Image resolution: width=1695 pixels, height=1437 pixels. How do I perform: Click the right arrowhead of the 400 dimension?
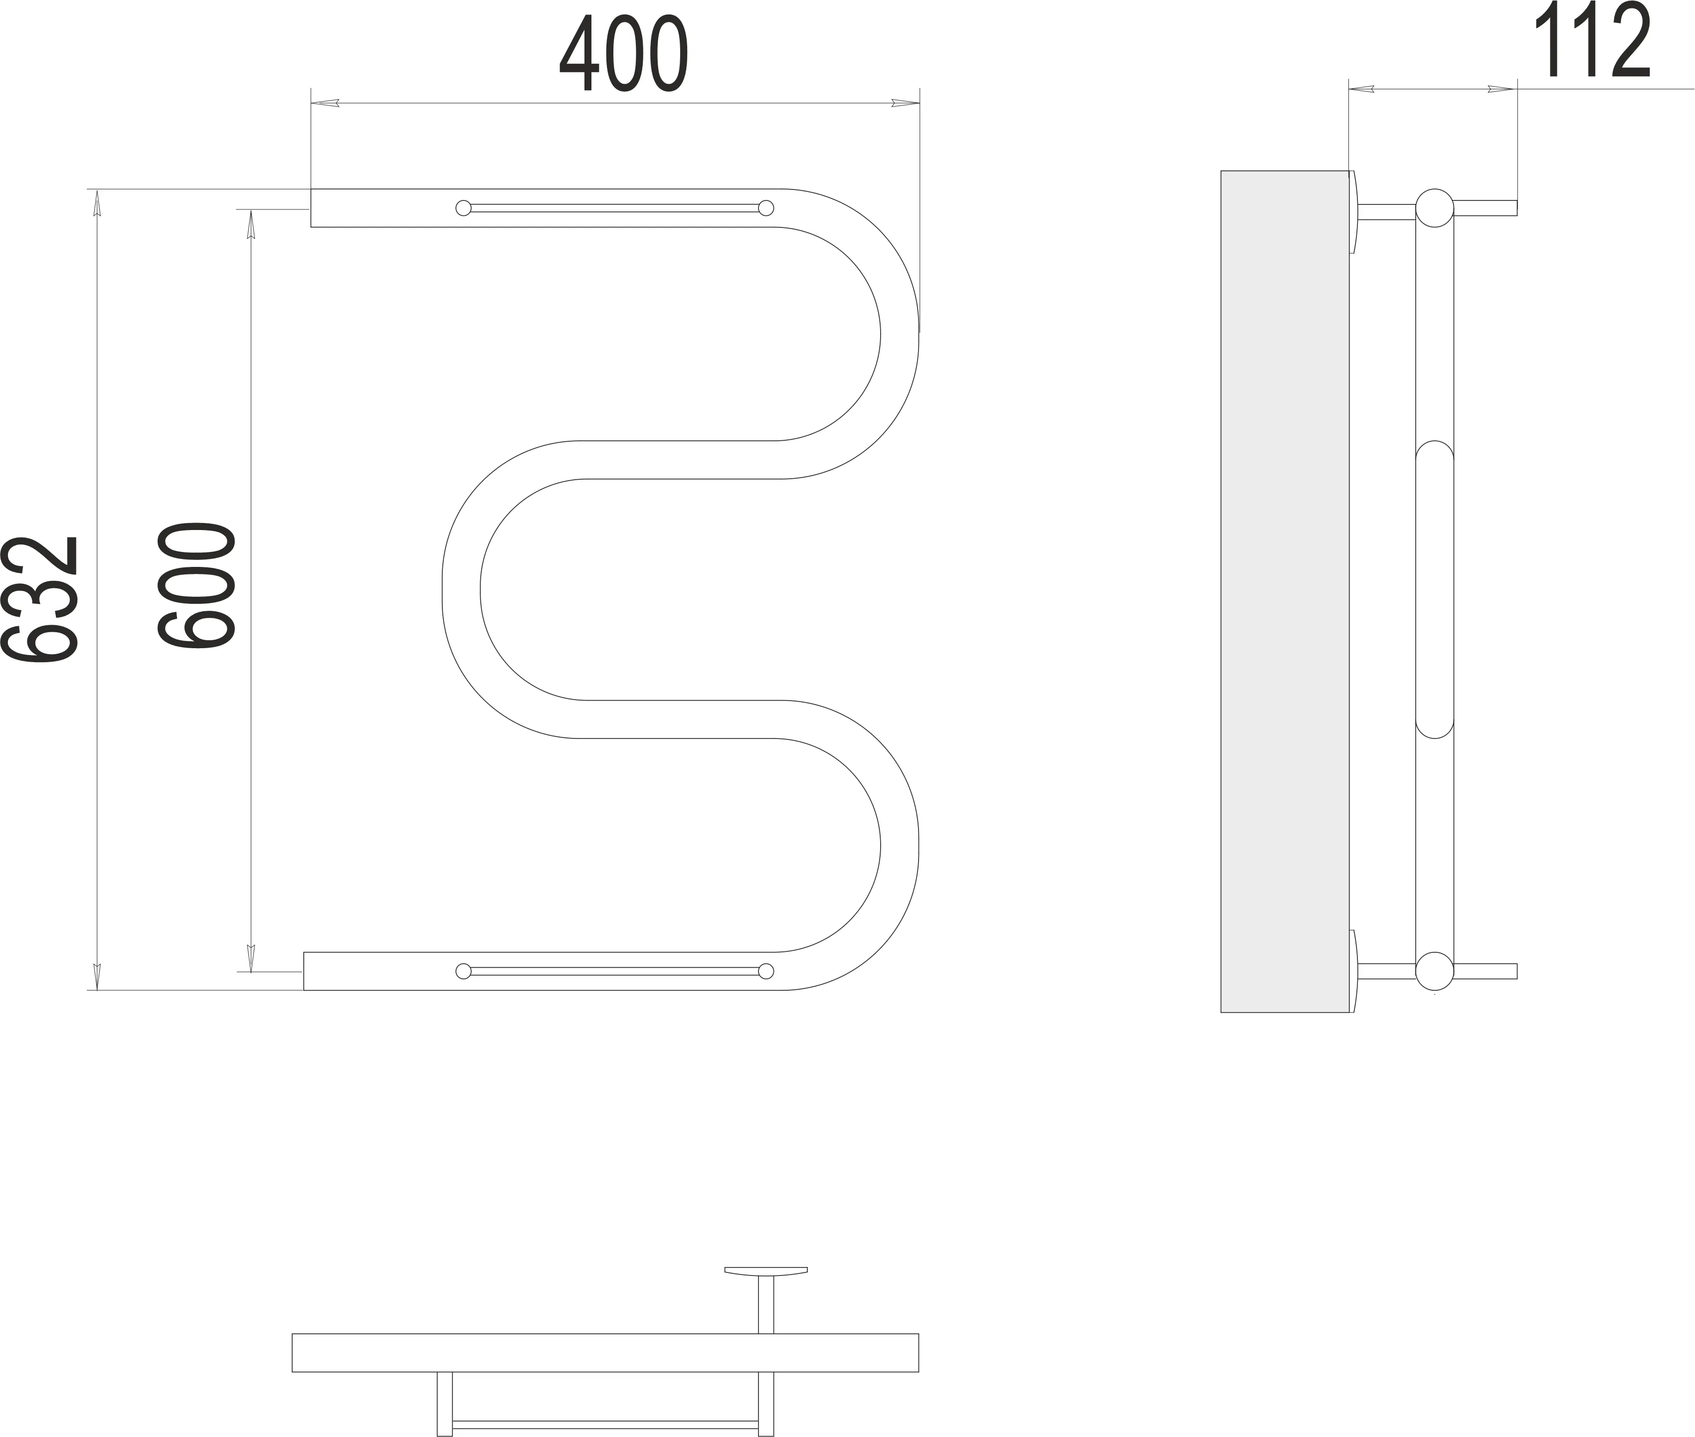point(905,103)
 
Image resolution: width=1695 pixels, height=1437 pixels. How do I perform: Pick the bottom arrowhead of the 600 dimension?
point(251,958)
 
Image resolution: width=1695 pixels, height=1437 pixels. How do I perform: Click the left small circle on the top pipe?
point(463,208)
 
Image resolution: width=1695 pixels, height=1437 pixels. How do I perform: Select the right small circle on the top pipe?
point(765,208)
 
